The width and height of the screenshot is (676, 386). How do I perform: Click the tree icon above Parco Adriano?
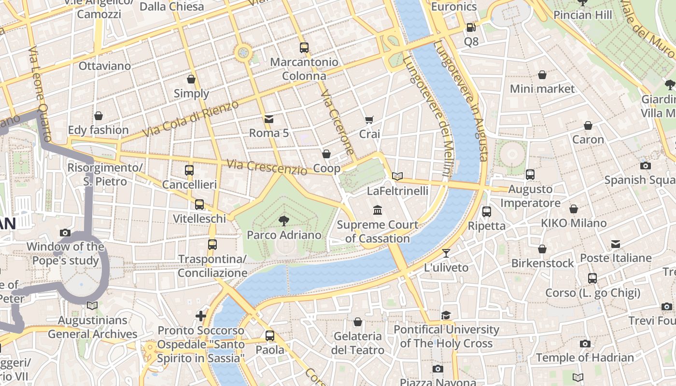284,221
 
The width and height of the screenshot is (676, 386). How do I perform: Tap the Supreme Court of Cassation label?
378,232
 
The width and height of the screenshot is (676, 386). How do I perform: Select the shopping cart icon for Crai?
369,120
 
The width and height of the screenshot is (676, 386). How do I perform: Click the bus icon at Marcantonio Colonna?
304,48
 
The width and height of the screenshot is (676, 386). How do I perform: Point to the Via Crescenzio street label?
267,167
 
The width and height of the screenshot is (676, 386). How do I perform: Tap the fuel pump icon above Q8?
471,28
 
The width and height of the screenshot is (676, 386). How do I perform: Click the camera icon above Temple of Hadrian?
585,344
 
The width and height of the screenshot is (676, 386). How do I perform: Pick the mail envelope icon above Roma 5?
269,119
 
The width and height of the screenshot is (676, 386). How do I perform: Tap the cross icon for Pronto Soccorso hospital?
201,317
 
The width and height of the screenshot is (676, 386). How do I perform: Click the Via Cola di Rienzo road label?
191,119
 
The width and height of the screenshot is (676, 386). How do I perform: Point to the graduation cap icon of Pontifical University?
446,316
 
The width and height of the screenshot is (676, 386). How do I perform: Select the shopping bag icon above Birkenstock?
542,249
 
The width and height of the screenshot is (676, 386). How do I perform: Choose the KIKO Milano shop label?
574,223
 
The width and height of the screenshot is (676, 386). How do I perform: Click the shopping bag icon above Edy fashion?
99,116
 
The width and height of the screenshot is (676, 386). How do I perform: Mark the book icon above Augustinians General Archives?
92,306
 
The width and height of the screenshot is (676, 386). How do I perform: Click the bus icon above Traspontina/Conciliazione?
212,245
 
